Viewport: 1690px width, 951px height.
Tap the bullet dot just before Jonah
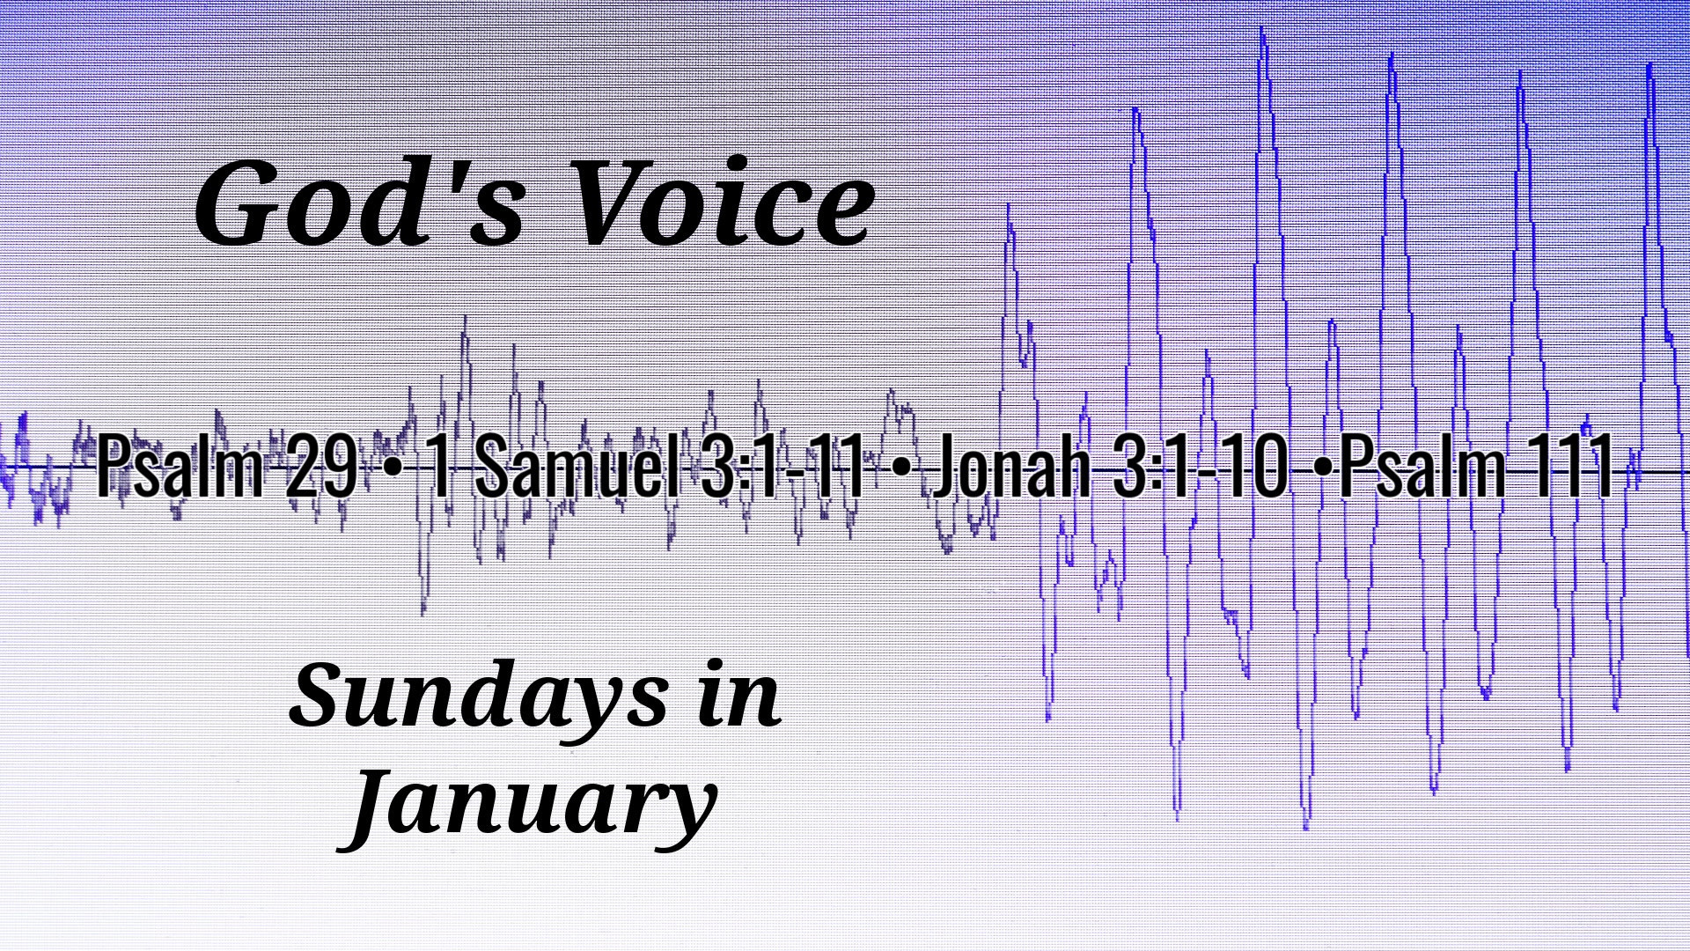(x=899, y=469)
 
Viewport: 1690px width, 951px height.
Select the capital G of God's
(x=242, y=203)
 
